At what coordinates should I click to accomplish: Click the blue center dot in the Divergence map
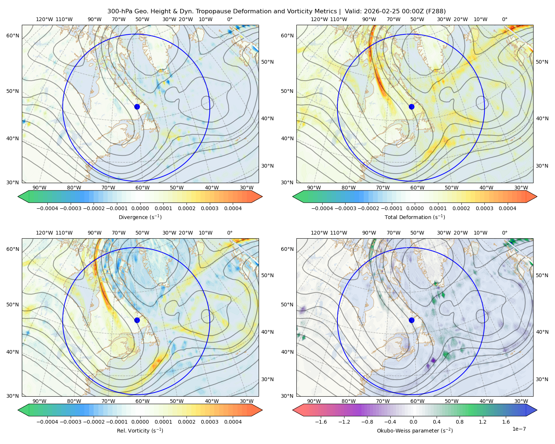click(x=137, y=107)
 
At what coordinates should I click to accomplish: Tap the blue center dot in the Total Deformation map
click(x=411, y=107)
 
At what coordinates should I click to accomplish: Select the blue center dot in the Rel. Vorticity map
click(x=137, y=320)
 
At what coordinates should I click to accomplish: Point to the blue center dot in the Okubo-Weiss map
click(x=411, y=320)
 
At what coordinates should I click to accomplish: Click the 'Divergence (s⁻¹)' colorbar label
click(x=140, y=217)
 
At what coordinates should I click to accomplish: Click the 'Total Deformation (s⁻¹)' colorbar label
click(x=415, y=217)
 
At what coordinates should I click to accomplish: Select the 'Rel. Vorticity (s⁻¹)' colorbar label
click(x=140, y=431)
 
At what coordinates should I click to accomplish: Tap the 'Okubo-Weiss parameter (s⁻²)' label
click(x=415, y=431)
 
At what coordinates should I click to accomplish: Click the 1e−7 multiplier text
click(x=519, y=429)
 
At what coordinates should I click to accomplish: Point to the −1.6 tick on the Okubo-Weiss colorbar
click(x=321, y=422)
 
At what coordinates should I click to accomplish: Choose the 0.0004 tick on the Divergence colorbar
click(x=233, y=208)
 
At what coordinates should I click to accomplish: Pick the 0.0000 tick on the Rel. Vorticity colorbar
click(x=140, y=422)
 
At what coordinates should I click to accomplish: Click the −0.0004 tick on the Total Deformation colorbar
click(x=322, y=208)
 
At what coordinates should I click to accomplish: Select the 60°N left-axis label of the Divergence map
click(x=13, y=36)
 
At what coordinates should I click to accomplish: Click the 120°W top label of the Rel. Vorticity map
click(x=44, y=233)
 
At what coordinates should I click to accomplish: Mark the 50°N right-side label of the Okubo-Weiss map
click(x=542, y=275)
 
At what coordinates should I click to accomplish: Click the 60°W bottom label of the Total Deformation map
click(x=417, y=188)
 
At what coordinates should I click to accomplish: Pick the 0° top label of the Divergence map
click(x=230, y=19)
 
